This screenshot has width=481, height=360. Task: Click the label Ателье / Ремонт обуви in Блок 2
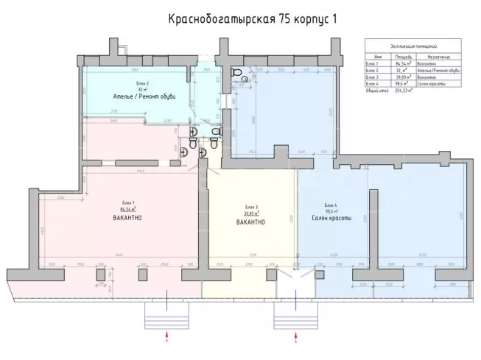[x=144, y=97]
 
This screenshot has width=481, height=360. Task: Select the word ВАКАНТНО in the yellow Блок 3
[x=250, y=223]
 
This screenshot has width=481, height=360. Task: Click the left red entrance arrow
[x=167, y=336]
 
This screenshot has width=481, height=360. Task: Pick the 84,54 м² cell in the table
[x=402, y=63]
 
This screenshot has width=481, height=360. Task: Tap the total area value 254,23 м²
[x=403, y=89]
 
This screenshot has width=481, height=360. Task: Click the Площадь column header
[x=402, y=56]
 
